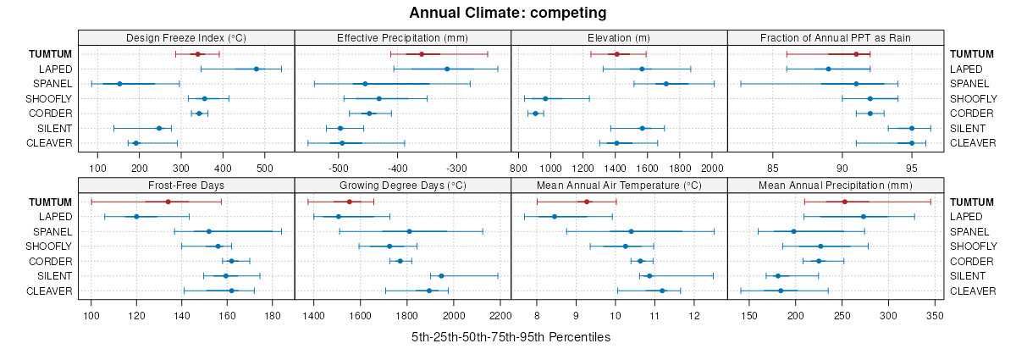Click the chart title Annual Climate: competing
[507, 13]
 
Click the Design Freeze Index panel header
[186, 38]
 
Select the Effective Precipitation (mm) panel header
[402, 38]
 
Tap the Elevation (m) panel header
[619, 38]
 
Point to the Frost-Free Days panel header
[186, 186]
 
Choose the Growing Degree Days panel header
[402, 186]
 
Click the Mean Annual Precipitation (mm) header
[836, 186]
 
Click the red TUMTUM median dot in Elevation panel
[617, 54]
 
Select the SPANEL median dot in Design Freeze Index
[119, 84]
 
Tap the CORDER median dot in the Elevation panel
[535, 114]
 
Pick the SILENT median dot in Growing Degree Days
[441, 276]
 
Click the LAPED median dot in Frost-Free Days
[136, 217]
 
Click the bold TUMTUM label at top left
[51, 54]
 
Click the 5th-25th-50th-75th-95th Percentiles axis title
[511, 337]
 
